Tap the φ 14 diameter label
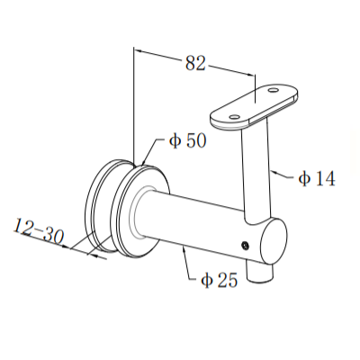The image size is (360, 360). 316,178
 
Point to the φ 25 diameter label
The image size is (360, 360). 218,280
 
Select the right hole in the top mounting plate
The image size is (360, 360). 273,91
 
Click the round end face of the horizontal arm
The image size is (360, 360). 273,243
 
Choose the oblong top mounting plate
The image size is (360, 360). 254,103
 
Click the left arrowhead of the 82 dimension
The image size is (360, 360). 138,53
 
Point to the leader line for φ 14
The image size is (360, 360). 283,173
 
